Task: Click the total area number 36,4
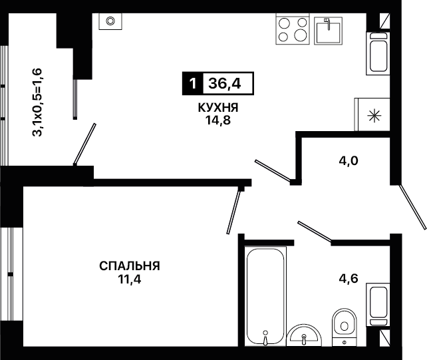[x=225, y=84]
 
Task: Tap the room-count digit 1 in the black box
[x=192, y=84]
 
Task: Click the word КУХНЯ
[x=218, y=108]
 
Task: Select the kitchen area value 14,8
[x=218, y=120]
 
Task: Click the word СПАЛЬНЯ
[x=130, y=266]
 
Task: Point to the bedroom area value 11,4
[x=130, y=279]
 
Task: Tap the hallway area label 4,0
[x=349, y=161]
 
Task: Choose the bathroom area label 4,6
[x=349, y=279]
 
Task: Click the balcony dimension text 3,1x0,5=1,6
[x=37, y=102]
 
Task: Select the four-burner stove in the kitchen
[x=293, y=29]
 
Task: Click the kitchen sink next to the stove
[x=328, y=31]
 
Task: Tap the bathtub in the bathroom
[x=265, y=296]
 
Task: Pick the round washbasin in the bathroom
[x=304, y=335]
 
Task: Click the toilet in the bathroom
[x=345, y=327]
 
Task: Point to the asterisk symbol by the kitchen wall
[x=374, y=116]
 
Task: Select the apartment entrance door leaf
[x=412, y=207]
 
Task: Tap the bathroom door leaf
[x=315, y=232]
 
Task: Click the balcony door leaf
[x=84, y=144]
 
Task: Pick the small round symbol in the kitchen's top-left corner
[x=110, y=21]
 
